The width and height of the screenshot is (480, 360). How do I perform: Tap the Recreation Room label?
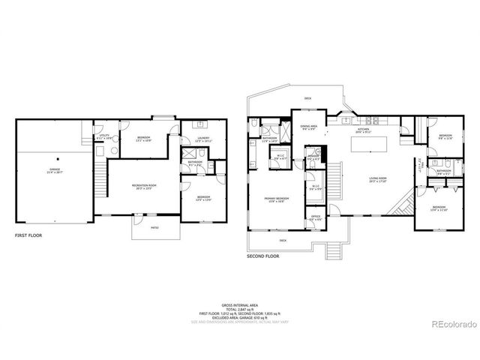[141, 186]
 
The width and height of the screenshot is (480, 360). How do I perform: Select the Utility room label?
[103, 137]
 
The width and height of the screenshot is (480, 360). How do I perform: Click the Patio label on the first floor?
[154, 227]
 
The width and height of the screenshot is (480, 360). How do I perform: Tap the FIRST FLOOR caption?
[29, 235]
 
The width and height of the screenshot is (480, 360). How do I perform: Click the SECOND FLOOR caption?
[264, 256]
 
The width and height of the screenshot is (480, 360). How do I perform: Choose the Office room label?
[316, 217]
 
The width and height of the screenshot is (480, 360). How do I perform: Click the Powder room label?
[313, 157]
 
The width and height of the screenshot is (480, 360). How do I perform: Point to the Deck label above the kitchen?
[307, 99]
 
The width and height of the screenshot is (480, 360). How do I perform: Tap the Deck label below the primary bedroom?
[283, 240]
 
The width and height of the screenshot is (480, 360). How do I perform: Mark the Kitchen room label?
[364, 129]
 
